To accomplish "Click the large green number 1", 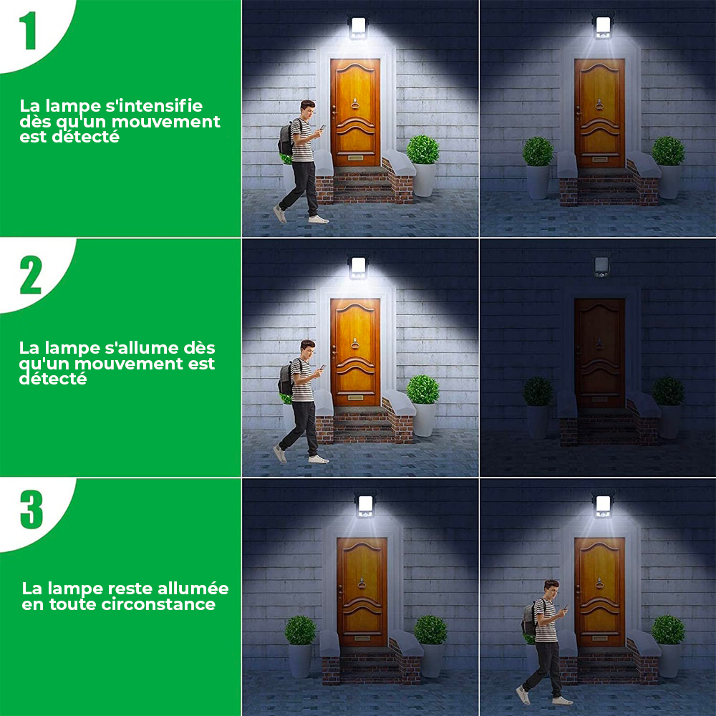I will click(x=29, y=31).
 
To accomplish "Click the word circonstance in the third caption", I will click(x=168, y=604).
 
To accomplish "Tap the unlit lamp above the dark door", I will click(x=601, y=266).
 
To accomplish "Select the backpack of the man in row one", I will click(x=286, y=137).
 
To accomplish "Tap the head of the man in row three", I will click(x=551, y=590).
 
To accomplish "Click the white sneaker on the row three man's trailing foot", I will click(x=523, y=694).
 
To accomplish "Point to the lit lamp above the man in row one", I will click(x=357, y=26).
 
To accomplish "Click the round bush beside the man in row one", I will click(x=423, y=150).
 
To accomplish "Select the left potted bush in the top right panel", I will click(x=537, y=151).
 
